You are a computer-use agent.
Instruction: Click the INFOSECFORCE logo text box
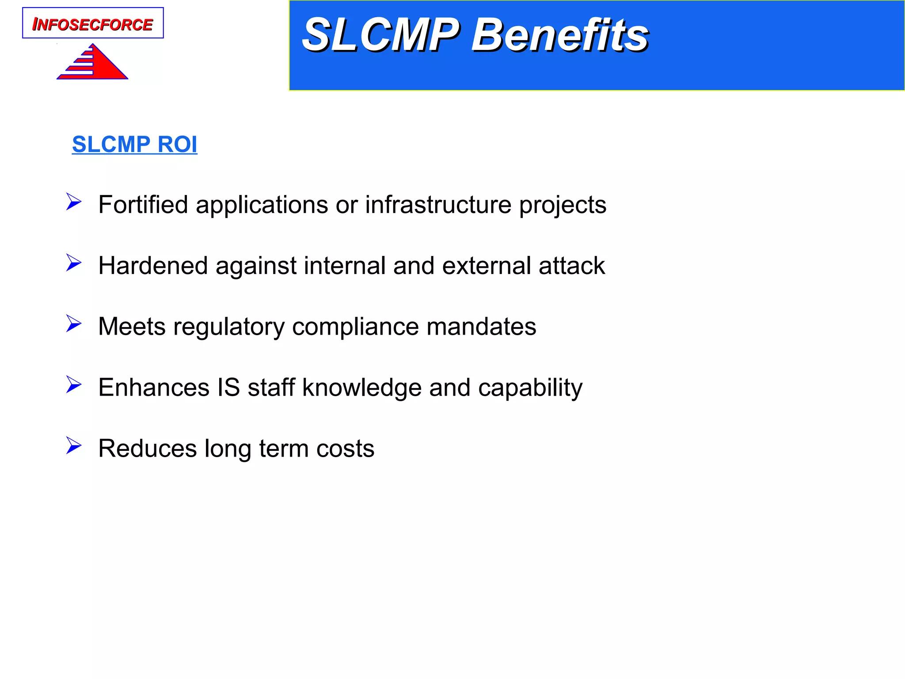point(93,23)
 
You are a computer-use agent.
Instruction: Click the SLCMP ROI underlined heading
point(135,145)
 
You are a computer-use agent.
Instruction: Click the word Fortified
point(143,205)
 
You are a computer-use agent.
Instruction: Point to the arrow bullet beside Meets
point(74,324)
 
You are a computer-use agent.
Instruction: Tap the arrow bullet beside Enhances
point(74,385)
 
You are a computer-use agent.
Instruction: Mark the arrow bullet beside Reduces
point(74,446)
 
